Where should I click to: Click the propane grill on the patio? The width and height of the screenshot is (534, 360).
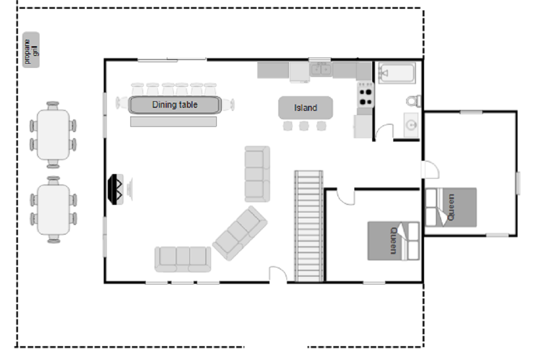click(x=31, y=50)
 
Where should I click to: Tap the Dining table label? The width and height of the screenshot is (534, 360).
click(x=175, y=105)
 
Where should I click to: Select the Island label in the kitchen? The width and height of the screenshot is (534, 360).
click(x=306, y=108)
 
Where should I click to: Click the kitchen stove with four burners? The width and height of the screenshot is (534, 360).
click(x=366, y=94)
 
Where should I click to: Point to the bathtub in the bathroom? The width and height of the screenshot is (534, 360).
click(x=397, y=73)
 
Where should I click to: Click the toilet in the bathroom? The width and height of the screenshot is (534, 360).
click(x=413, y=101)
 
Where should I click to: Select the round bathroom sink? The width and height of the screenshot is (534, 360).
click(x=411, y=125)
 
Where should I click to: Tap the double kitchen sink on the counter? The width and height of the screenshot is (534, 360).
click(x=320, y=69)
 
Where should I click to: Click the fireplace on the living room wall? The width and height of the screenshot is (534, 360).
click(x=116, y=190)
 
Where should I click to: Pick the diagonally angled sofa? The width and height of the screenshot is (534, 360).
click(x=240, y=233)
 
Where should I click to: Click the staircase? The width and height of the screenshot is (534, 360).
click(x=309, y=226)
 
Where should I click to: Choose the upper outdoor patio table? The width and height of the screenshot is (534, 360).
click(x=53, y=135)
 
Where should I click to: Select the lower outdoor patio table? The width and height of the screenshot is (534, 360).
click(x=53, y=210)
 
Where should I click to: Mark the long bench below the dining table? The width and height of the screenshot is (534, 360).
click(x=174, y=122)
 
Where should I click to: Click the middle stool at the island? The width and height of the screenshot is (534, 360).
click(x=304, y=126)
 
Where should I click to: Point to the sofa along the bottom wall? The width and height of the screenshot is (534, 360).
click(x=183, y=259)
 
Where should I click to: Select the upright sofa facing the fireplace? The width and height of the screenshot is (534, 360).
click(x=257, y=174)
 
